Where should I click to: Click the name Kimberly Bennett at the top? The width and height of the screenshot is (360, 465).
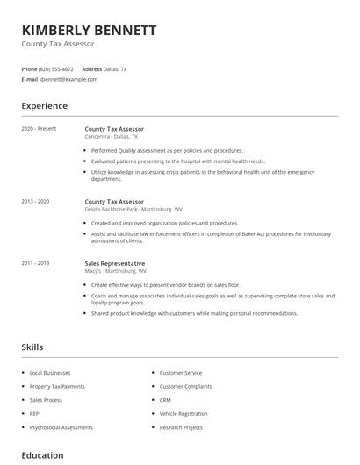point(89,30)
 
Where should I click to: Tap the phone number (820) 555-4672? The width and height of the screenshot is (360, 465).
point(57,68)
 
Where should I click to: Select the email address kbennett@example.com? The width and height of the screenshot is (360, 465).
point(68,79)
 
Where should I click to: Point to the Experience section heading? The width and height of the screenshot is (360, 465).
point(44,106)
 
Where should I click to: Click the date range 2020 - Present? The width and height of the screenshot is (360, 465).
point(39,129)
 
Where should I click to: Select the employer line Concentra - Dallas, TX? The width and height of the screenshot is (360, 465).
point(119,137)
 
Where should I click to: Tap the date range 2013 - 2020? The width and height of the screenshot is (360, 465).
point(35,201)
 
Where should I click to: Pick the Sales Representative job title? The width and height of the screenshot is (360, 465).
point(115,263)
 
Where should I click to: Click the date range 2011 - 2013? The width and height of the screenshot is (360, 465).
point(35,263)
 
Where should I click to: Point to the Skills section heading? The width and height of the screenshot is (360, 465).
point(32,347)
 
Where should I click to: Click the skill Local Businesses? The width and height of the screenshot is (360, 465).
point(51,373)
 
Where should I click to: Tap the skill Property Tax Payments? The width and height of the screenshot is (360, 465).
point(57,386)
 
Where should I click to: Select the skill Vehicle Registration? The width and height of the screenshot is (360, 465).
point(184,413)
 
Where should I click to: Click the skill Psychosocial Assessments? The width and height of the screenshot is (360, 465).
point(61,427)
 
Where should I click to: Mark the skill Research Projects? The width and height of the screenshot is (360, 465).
point(181,427)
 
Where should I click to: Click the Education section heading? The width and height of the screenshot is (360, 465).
point(42,455)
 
